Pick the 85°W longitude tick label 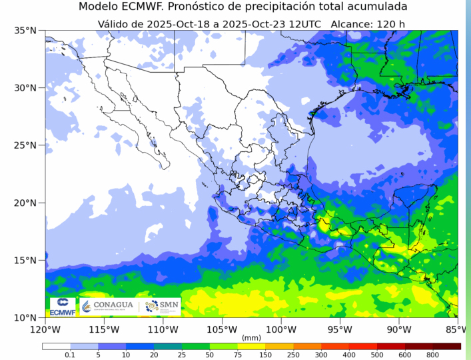(456, 329)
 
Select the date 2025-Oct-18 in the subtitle (175, 24)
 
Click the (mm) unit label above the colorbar (251, 337)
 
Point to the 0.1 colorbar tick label (70, 355)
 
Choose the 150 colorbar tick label (265, 355)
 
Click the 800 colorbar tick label (432, 355)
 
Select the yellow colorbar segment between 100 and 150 (251, 347)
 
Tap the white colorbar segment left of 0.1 (56, 347)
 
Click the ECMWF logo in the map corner (62, 307)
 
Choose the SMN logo (164, 307)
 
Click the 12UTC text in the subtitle (303, 24)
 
